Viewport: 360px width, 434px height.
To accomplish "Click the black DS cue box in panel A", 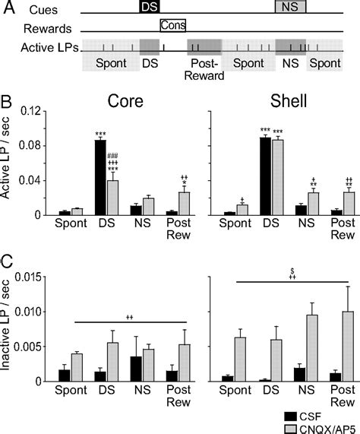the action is [x=150, y=6].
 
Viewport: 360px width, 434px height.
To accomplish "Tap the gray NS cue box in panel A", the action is [x=291, y=6].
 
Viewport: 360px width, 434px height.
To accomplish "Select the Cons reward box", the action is [x=173, y=26].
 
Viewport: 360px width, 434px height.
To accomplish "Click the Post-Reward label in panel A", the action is [x=204, y=69].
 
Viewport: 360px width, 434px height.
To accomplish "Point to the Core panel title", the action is [x=125, y=101].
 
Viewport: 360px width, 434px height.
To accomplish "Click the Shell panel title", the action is [x=289, y=101].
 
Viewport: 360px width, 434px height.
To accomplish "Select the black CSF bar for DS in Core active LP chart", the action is [x=100, y=177].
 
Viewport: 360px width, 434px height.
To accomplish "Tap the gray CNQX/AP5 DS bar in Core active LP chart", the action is [x=113, y=198].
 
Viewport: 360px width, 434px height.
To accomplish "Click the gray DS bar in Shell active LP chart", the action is [x=278, y=177].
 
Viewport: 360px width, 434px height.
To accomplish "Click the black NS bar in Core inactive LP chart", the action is [x=136, y=369].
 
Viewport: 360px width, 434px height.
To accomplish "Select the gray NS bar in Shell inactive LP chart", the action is [x=314, y=348].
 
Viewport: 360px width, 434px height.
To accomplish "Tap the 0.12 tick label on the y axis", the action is [x=30, y=111].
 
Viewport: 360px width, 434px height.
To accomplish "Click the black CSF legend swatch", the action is [x=290, y=417].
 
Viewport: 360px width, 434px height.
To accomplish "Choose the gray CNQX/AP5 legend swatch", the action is [x=290, y=429].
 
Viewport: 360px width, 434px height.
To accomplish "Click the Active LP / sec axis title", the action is [x=5, y=158].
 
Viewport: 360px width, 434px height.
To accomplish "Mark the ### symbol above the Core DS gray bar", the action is [x=112, y=155].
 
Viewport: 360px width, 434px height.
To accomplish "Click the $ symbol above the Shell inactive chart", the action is [x=292, y=271].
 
